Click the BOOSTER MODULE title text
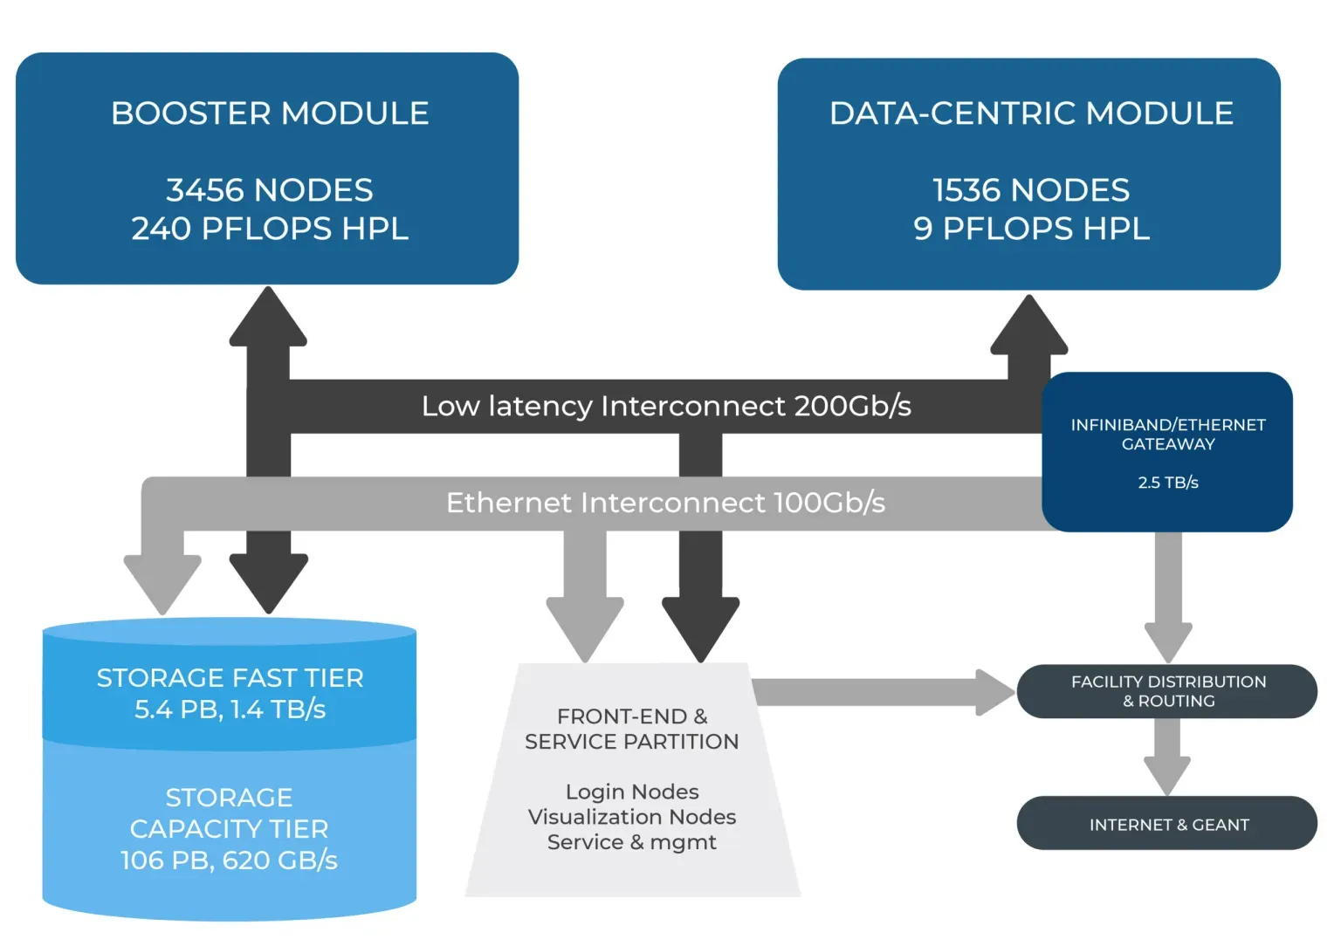coord(270,113)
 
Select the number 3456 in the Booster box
coord(206,190)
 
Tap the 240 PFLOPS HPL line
coord(270,229)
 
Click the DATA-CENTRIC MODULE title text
coord(1031,113)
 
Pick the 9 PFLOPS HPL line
coord(1031,229)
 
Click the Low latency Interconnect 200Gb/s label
coord(666,406)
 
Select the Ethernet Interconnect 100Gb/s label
coord(665,503)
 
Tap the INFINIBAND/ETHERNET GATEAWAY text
coord(1168,434)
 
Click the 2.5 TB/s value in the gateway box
coord(1168,483)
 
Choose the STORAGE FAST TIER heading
coord(230,678)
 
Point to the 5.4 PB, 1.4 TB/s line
coord(230,709)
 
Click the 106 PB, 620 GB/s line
coord(229,860)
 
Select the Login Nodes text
coord(632,792)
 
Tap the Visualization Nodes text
coord(632,817)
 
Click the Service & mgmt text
coord(632,842)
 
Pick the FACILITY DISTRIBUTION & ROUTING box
coord(1167,691)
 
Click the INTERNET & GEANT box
coord(1167,824)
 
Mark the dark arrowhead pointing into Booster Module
coord(268,319)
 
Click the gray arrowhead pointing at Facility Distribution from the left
coord(996,692)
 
